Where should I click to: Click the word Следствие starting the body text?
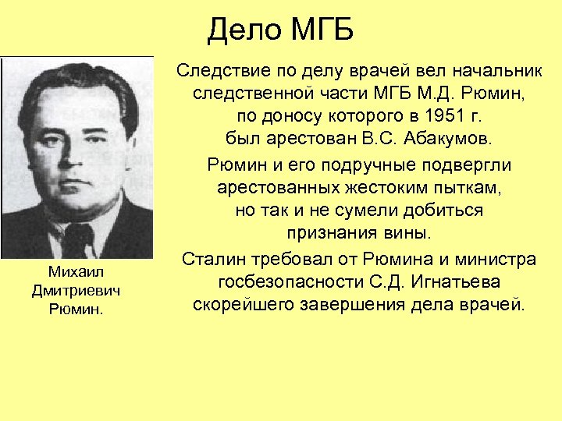[221, 71]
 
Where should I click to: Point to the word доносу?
[283, 117]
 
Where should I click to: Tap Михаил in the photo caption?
[76, 271]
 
